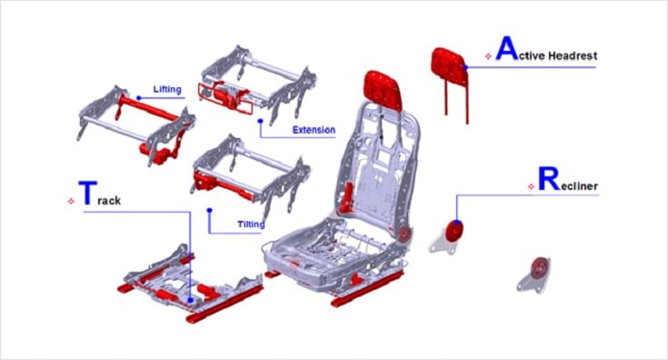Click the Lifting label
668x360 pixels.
point(167,89)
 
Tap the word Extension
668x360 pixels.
point(314,130)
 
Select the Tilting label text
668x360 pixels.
point(251,225)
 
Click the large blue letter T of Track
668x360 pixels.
point(88,193)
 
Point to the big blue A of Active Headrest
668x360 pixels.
point(507,48)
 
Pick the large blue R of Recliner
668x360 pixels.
point(549,179)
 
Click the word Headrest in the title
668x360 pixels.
point(573,55)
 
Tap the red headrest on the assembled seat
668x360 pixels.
point(383,90)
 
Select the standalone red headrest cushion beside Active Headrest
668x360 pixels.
point(449,66)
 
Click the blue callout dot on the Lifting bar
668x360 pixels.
point(138,98)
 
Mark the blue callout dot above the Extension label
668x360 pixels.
point(260,121)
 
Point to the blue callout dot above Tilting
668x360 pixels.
point(209,210)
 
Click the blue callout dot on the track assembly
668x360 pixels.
point(191,300)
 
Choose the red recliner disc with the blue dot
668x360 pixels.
point(454,231)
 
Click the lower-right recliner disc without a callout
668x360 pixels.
point(538,267)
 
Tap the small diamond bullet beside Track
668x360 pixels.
point(71,201)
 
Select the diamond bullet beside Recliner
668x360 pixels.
point(531,186)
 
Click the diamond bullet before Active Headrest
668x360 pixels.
point(488,56)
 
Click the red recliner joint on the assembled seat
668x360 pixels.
point(404,234)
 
